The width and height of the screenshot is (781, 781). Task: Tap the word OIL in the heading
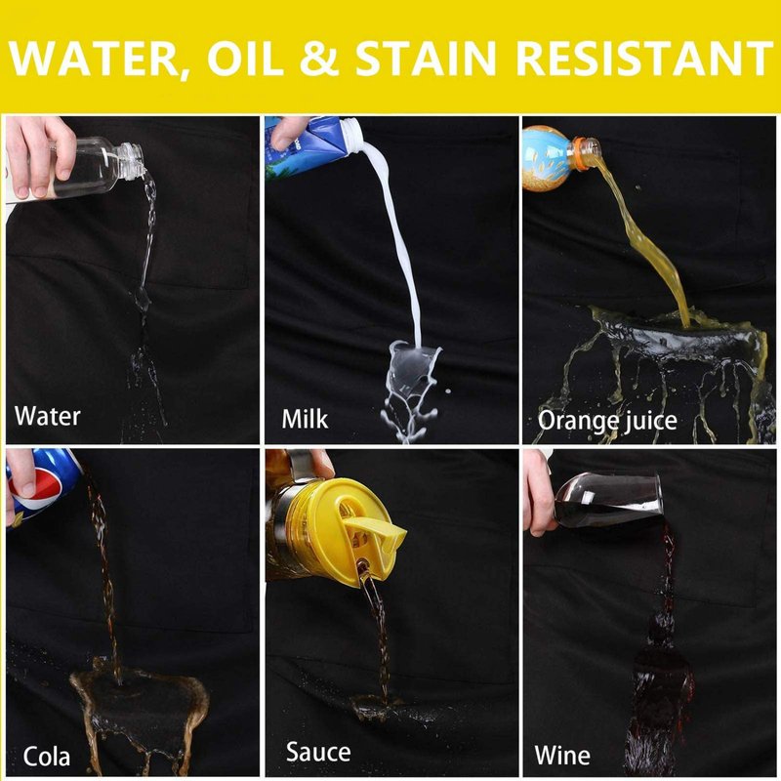pos(245,58)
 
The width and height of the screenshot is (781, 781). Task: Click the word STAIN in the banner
pos(426,58)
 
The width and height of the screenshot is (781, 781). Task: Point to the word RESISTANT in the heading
pos(644,58)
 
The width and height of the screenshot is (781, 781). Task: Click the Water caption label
pos(47,416)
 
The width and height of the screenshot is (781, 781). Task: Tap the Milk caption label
pos(305,419)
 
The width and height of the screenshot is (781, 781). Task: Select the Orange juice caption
pos(607,422)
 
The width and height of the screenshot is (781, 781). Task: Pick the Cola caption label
pos(46,757)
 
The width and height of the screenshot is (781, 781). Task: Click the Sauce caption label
pos(318,752)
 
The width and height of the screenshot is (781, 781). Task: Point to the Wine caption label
pos(562,755)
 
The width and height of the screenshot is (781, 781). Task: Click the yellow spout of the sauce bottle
pos(375,533)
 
